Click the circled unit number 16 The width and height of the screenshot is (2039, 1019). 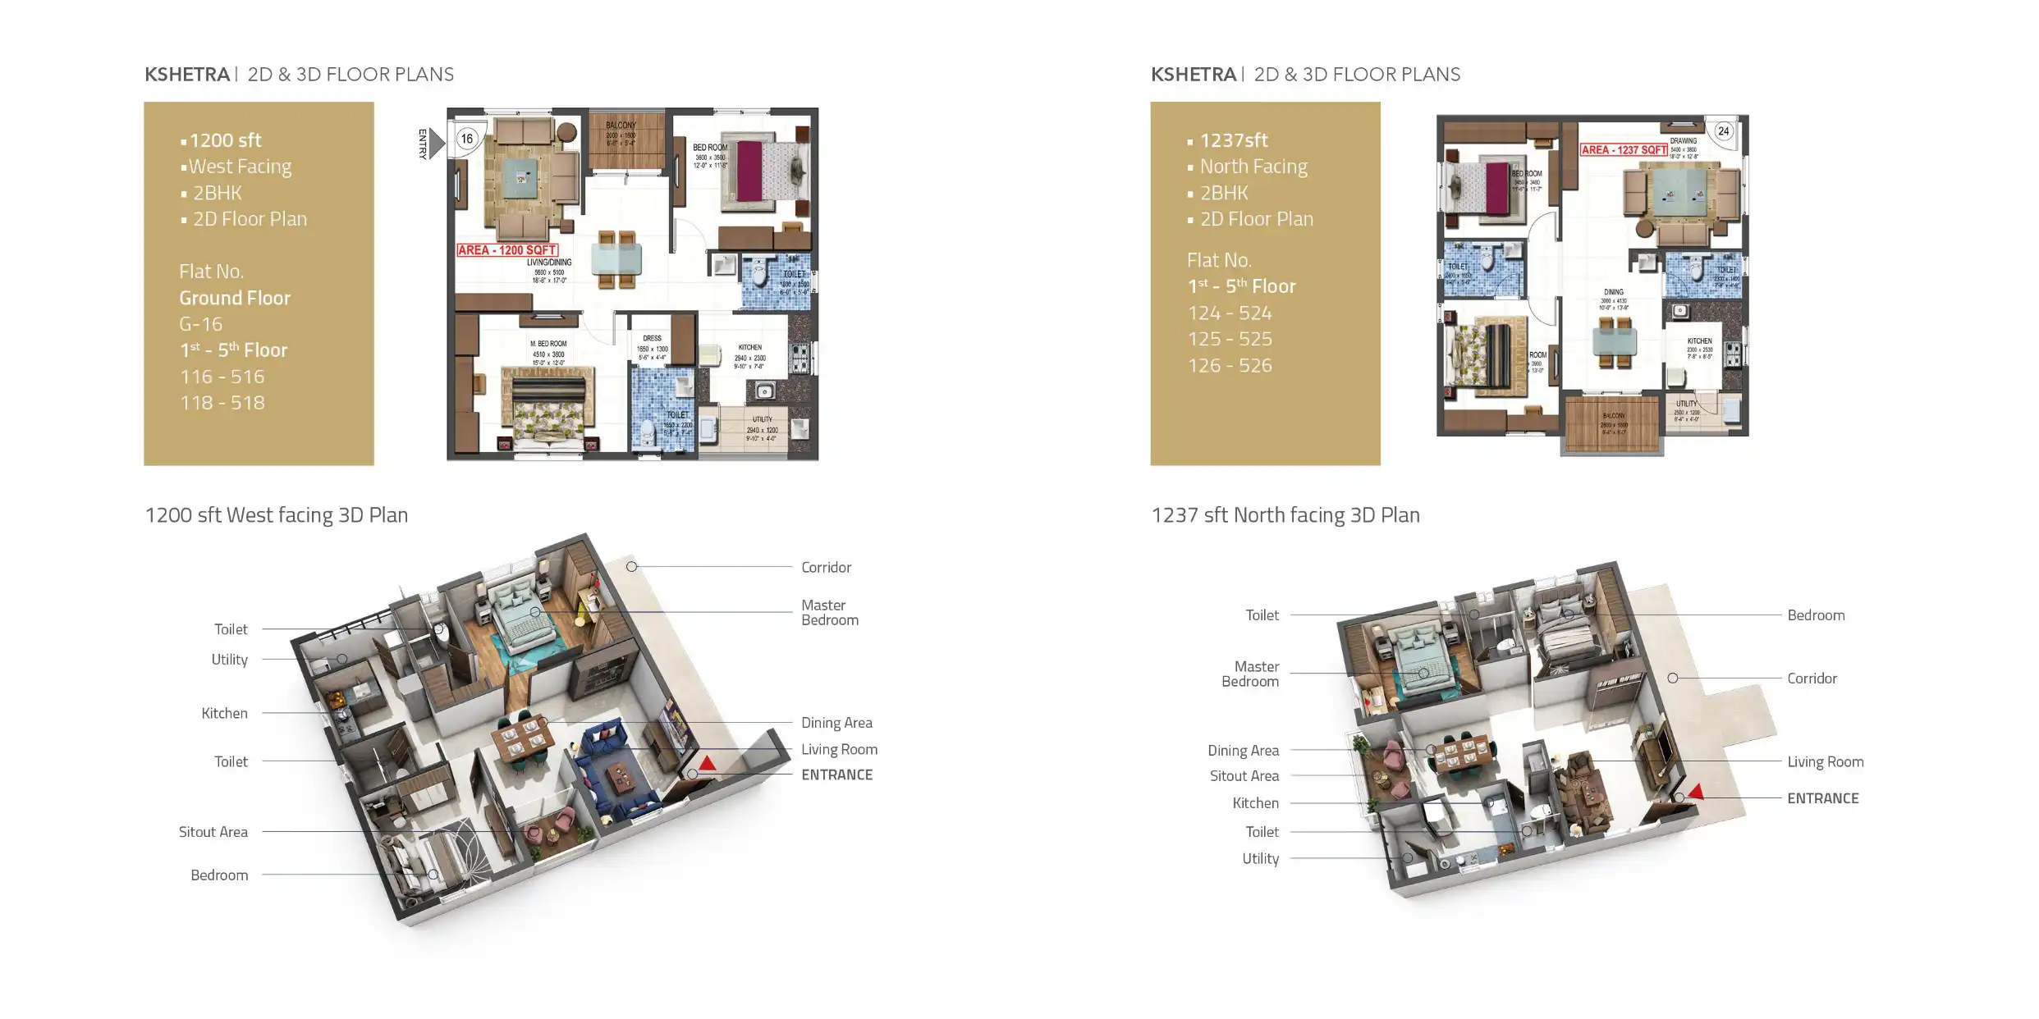point(467,139)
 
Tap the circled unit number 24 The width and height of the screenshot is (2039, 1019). point(1723,131)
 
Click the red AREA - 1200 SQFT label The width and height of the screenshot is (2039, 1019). point(507,250)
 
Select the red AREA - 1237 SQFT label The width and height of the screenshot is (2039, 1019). point(1624,150)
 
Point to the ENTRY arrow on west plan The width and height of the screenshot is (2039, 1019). point(436,144)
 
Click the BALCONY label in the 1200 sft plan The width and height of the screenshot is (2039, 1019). point(621,126)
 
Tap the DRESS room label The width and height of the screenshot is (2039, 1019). point(652,338)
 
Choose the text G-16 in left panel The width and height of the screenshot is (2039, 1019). point(200,324)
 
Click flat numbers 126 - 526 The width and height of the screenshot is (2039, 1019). point(1230,366)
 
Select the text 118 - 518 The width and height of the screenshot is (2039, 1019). point(222,403)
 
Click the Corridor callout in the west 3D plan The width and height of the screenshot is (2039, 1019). point(826,567)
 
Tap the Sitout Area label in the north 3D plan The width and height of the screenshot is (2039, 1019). point(1244,776)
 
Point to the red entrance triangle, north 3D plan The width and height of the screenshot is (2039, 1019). point(1696,792)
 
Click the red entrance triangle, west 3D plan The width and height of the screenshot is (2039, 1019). point(707,764)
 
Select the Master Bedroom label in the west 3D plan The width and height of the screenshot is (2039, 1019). point(829,612)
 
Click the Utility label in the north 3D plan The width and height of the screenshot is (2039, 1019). point(1260,859)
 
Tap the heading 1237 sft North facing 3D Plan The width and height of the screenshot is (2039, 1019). point(1285,515)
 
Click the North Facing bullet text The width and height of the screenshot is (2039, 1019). point(1253,167)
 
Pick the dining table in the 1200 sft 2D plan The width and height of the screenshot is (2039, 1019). point(616,259)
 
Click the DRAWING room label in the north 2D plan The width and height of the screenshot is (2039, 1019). point(1683,141)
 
